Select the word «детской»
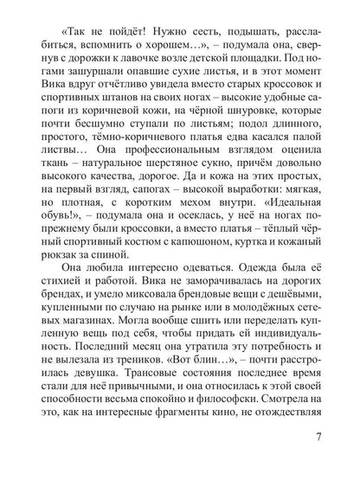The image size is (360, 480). [227, 71]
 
